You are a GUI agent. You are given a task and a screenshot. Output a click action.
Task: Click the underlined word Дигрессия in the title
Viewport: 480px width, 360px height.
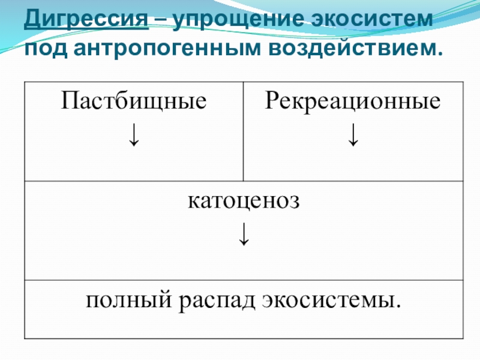point(87,20)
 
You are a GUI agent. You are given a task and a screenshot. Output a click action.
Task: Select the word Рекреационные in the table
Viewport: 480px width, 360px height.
point(353,101)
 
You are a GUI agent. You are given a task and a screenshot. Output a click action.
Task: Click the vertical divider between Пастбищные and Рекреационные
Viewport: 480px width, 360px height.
point(244,132)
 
